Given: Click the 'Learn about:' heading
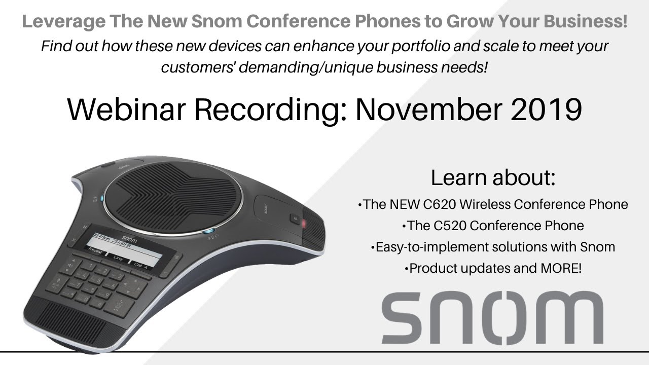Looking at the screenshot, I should click(x=493, y=178).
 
